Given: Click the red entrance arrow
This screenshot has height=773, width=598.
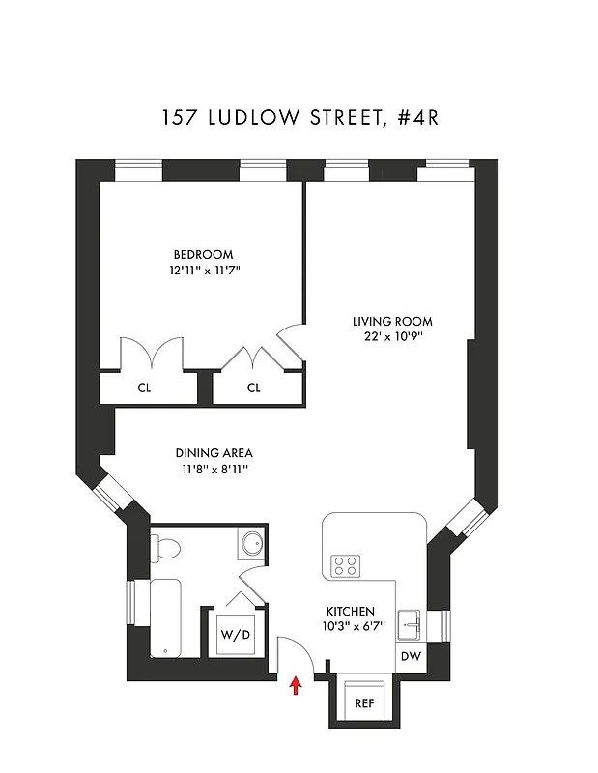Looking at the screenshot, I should tap(297, 686).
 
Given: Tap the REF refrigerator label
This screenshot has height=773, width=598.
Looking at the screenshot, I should tap(364, 703).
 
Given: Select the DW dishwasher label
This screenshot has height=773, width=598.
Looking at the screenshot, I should tap(411, 656).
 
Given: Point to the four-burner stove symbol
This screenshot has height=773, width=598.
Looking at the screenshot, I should tap(346, 565).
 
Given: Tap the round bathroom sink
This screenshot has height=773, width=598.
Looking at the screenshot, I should tap(252, 543).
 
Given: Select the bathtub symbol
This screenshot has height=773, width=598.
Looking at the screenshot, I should tap(165, 616).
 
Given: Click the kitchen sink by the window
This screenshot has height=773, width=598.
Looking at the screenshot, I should tap(410, 624).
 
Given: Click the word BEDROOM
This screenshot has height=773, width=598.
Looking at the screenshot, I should tap(203, 255).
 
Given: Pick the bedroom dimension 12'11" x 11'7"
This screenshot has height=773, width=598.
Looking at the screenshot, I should tap(203, 272).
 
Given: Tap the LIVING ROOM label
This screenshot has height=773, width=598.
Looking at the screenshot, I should tap(391, 322).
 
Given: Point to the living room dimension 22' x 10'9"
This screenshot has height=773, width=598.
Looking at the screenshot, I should tap(391, 338).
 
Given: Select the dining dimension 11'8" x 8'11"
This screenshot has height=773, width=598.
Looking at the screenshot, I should tap(208, 470).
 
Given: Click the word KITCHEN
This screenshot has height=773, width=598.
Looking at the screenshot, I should tap(349, 612).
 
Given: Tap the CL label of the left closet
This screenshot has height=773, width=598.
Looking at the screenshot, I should tap(145, 388).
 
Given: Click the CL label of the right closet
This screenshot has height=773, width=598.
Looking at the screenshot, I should tap(254, 388).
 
